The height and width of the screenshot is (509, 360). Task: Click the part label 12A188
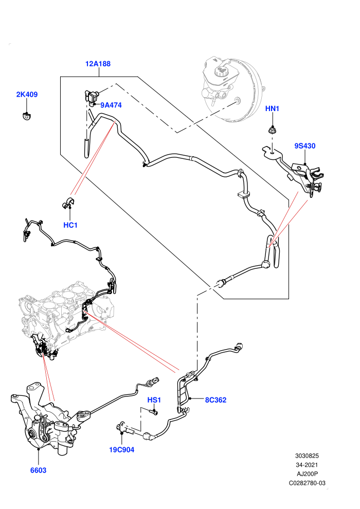(x=98, y=64)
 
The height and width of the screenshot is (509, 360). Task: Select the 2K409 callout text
(x=27, y=95)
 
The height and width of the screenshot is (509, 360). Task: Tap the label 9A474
(x=111, y=105)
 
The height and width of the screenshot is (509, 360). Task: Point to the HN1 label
(x=272, y=108)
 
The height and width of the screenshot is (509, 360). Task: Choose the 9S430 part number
(x=305, y=146)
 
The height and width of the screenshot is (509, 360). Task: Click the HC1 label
(x=70, y=225)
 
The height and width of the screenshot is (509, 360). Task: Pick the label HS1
(x=154, y=400)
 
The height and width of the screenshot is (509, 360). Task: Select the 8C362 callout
(x=215, y=400)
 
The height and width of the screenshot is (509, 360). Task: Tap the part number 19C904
(x=122, y=449)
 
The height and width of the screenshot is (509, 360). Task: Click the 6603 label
(x=38, y=470)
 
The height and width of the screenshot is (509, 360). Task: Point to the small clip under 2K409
(x=26, y=116)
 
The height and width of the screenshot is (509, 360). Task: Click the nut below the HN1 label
(x=273, y=131)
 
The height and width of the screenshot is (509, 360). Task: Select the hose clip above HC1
(x=68, y=203)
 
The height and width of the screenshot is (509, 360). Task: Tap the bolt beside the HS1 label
(x=154, y=412)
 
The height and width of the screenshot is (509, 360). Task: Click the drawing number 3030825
(x=307, y=456)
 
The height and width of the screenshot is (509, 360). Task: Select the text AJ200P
(x=307, y=474)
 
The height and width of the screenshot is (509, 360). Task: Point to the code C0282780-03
(x=307, y=483)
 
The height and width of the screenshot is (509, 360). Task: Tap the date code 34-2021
(x=307, y=465)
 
